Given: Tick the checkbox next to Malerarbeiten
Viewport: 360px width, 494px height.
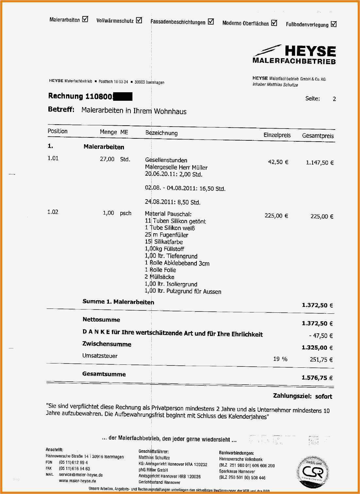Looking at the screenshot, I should coord(85,19).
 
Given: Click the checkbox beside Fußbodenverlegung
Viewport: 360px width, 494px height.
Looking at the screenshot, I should coord(334,24).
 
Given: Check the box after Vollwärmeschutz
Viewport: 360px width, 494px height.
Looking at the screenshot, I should coord(139,21).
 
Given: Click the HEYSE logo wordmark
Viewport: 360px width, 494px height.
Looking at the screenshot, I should coord(310,51).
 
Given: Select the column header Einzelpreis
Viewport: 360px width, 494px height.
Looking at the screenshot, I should coord(277,135).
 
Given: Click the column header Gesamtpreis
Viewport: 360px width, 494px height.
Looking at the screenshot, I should coord(318,135).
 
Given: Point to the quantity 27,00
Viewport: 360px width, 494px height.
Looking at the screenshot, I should coord(107,159).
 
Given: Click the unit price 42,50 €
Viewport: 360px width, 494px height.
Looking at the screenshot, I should coord(278,162).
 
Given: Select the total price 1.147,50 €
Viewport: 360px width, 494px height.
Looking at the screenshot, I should coord(319,163).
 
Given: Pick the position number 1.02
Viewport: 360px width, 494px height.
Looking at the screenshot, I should coord(53,212).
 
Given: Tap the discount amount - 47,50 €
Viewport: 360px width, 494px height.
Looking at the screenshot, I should coord(321,336).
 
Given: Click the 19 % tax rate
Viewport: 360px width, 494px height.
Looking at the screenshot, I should coord(280,359).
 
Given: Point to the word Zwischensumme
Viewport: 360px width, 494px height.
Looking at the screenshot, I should coord(107,344).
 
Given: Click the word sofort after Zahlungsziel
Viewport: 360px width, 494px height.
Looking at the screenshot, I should coord(323,397).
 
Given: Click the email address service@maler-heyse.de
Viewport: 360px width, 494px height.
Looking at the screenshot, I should coord(81,475).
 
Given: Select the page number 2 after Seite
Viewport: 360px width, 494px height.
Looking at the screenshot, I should coord(334,99).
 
